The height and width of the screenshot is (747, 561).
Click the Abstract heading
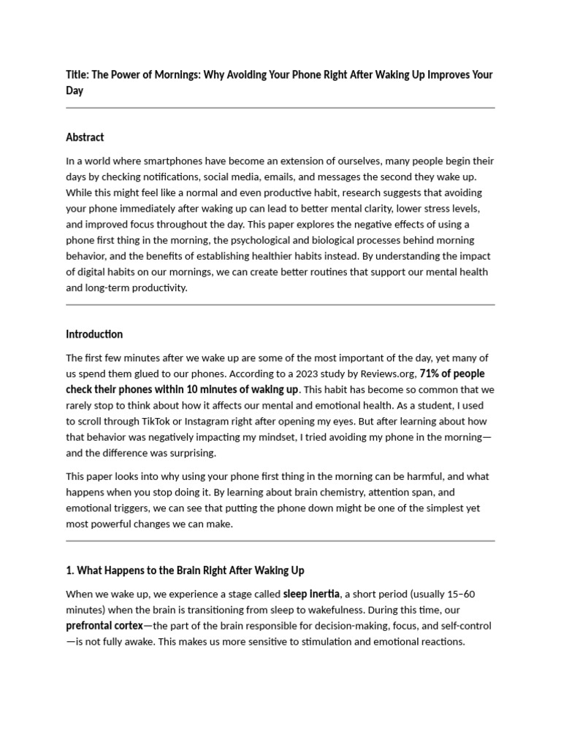pyautogui.click(x=85, y=137)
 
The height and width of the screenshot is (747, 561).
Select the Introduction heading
pyautogui.click(x=94, y=334)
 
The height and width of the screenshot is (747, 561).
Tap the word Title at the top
pyautogui.click(x=76, y=74)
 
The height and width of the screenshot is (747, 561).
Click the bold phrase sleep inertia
pyautogui.click(x=310, y=594)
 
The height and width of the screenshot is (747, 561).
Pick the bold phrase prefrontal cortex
pyautogui.click(x=104, y=626)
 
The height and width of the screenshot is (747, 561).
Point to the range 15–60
pyautogui.click(x=460, y=594)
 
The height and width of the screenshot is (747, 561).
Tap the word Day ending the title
pyautogui.click(x=75, y=90)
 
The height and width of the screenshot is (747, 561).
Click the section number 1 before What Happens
pyautogui.click(x=69, y=570)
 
